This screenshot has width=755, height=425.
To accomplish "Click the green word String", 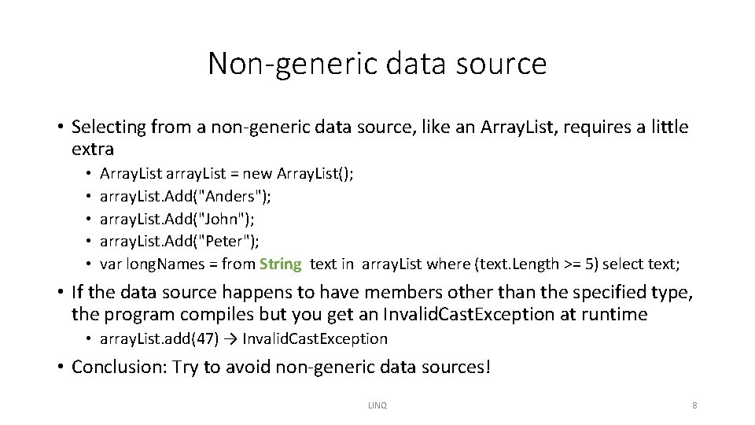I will point(280,264).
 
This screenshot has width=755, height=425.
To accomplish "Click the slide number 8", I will point(694,405).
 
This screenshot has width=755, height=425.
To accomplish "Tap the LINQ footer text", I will point(377,405).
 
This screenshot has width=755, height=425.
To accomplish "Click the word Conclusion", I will point(117,367).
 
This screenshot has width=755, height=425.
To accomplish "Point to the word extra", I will point(93,149).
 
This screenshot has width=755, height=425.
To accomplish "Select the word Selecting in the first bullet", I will point(105,127).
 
